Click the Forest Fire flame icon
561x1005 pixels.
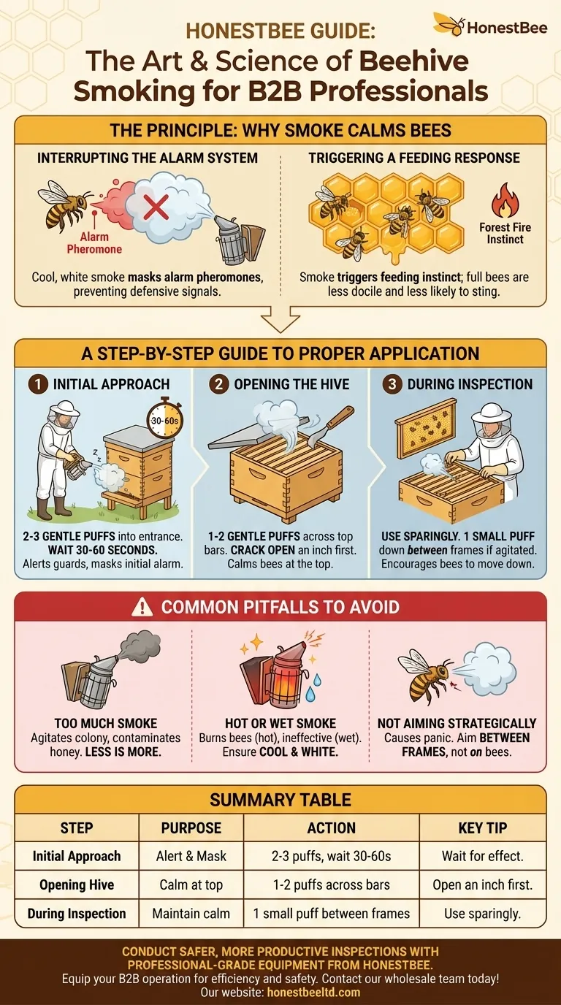click(505, 200)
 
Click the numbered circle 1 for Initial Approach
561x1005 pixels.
click(38, 384)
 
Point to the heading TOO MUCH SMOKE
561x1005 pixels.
click(106, 723)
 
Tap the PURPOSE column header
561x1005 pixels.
click(191, 828)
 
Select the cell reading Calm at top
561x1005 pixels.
click(191, 884)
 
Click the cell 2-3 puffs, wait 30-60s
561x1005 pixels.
click(331, 856)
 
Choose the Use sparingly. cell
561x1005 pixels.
click(482, 913)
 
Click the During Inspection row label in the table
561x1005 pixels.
click(77, 913)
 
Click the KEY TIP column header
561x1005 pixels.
click(482, 828)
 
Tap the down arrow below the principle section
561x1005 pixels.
click(280, 319)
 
